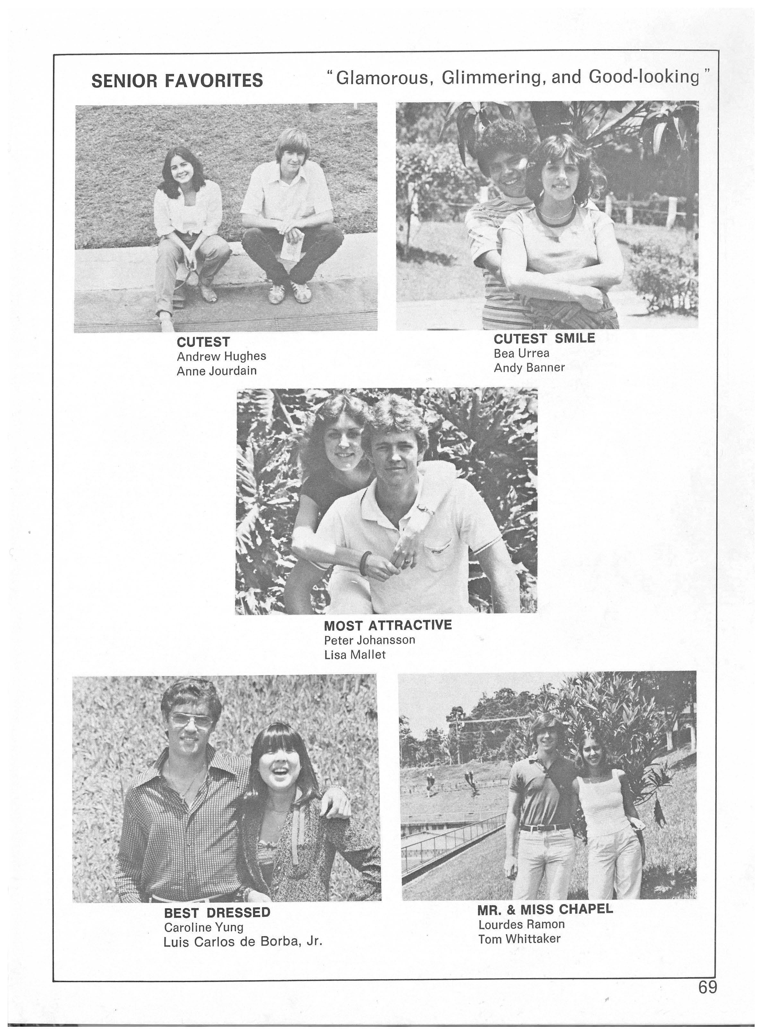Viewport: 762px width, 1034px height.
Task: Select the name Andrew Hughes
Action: point(221,356)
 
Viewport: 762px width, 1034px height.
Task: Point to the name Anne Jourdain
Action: point(216,371)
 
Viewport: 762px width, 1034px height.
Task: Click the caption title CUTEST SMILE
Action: point(544,339)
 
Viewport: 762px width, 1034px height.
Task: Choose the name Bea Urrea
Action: point(521,353)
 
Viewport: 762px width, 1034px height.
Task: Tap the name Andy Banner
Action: point(529,368)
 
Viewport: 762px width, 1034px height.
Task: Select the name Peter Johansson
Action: point(369,640)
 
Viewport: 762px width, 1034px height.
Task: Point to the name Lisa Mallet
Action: point(355,655)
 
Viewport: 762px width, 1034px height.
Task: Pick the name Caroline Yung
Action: point(203,927)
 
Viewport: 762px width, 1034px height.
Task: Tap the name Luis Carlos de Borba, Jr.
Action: point(243,942)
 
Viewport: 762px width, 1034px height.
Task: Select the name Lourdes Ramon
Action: point(521,924)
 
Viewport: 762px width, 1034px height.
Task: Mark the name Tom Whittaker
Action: point(519,939)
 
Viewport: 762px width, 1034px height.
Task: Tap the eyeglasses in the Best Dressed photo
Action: point(191,721)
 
